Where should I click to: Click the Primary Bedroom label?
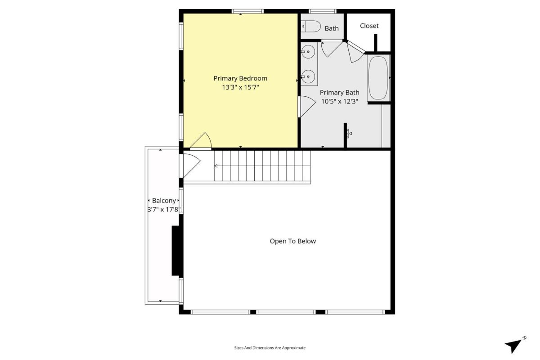click(240, 79)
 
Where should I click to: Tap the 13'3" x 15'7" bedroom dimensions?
click(240, 87)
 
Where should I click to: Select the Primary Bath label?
click(339, 93)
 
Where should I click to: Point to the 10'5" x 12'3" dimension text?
click(339, 102)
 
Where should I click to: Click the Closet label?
click(369, 26)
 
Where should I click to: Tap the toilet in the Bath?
click(310, 27)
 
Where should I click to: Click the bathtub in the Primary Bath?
click(378, 78)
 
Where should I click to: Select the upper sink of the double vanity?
click(308, 52)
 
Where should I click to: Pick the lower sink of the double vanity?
click(308, 76)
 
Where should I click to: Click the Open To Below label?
click(292, 241)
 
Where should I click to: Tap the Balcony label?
click(164, 201)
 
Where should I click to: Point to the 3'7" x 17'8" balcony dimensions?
click(164, 210)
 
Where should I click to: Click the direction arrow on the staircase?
click(216, 166)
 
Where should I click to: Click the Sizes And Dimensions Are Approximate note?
click(270, 348)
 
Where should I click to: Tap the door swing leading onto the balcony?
click(192, 166)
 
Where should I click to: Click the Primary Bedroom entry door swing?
click(201, 140)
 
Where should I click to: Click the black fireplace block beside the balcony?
click(177, 251)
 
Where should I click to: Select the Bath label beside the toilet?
click(332, 28)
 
